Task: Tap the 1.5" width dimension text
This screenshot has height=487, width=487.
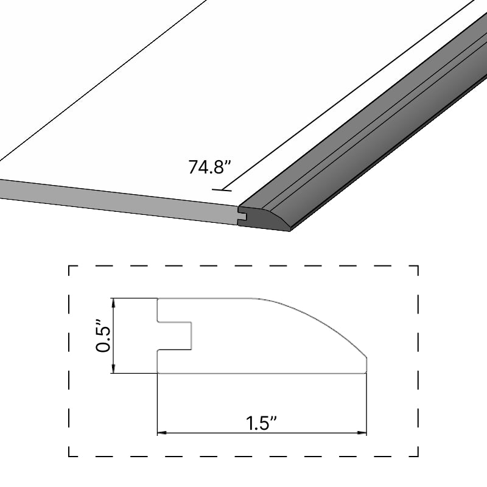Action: click(x=262, y=422)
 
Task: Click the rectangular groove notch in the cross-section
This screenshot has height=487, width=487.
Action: click(x=175, y=335)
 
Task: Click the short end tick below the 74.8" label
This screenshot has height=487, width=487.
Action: click(x=222, y=190)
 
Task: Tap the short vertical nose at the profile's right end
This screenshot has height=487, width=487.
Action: click(x=366, y=364)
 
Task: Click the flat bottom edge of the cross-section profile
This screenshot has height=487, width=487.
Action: click(x=262, y=373)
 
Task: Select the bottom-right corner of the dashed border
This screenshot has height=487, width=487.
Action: click(x=418, y=455)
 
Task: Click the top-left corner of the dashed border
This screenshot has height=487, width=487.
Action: click(x=69, y=266)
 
